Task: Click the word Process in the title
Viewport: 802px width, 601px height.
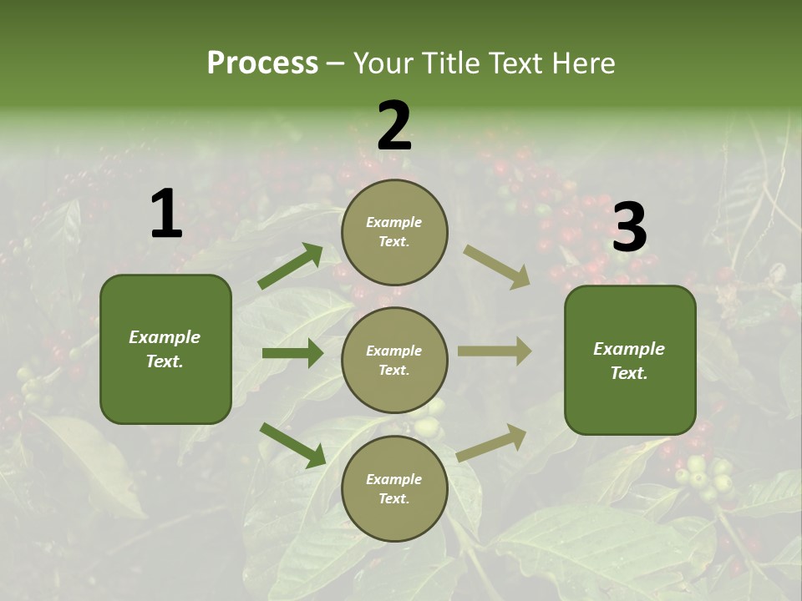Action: tap(262, 63)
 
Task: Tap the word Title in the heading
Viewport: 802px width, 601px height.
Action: tap(449, 63)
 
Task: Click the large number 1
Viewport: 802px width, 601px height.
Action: tap(166, 215)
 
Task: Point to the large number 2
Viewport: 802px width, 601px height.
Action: tap(394, 126)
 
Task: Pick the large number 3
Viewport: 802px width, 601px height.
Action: tap(629, 228)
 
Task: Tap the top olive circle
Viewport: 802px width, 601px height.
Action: tap(394, 232)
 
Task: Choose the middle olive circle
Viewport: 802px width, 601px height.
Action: tap(394, 360)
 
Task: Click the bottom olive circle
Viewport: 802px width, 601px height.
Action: tap(394, 488)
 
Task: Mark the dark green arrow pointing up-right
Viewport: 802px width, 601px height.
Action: tap(290, 266)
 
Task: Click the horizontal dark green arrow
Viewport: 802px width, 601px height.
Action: tap(292, 353)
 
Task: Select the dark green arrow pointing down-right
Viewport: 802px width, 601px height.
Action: tap(292, 445)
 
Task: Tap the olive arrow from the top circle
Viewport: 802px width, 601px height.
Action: tap(496, 267)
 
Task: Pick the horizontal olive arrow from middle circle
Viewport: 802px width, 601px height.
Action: tap(495, 351)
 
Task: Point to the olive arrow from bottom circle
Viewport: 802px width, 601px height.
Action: tap(492, 442)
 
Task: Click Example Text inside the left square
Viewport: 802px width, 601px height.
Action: tap(165, 349)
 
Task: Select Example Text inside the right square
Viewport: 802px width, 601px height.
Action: tap(629, 361)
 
